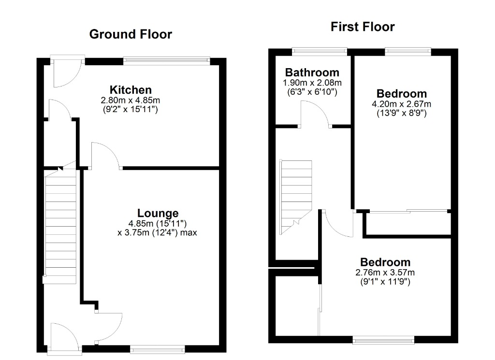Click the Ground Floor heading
coord(131,34)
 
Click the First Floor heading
coord(363,27)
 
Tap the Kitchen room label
coord(131,90)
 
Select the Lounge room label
coord(158,214)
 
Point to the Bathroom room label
coord(312,72)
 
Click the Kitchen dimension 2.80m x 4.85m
coord(131,101)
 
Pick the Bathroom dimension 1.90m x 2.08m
coord(312,83)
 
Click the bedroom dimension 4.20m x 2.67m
coord(402,104)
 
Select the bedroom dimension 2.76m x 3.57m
coord(385,272)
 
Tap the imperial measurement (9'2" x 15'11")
coord(131,110)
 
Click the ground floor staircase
coord(61,226)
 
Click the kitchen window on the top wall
coord(166,60)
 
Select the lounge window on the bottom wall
coord(158,348)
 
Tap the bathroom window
coord(320,51)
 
